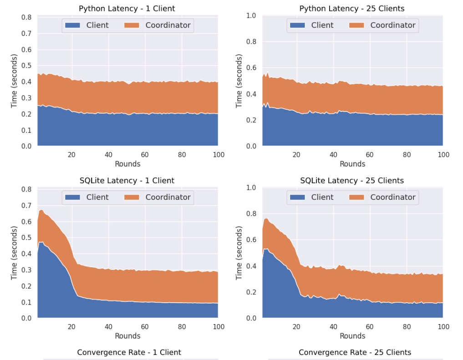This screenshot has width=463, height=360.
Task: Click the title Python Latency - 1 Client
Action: click(127, 9)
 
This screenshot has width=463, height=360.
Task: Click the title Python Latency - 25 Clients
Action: click(352, 9)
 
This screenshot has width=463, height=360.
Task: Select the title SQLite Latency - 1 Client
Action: click(127, 181)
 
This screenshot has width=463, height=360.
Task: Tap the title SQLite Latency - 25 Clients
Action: click(352, 181)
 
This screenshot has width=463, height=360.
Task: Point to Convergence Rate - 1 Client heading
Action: click(129, 352)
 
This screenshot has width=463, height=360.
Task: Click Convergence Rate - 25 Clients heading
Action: click(355, 352)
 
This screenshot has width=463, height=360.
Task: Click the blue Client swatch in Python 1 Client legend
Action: click(73, 25)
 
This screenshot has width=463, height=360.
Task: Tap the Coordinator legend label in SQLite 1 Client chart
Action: click(168, 198)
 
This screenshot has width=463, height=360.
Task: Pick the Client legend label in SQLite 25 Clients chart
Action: click(322, 198)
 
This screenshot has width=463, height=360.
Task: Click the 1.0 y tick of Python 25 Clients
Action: click(251, 15)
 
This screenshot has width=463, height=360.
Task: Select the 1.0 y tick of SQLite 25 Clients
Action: click(251, 188)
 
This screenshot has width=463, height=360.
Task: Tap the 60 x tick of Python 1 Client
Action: click(145, 155)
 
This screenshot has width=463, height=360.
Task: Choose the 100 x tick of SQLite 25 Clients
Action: click(443, 327)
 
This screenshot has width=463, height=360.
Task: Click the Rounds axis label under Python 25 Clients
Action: click(352, 164)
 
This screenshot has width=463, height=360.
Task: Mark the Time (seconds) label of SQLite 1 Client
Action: click(14, 253)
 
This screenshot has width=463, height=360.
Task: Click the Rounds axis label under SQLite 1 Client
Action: click(127, 336)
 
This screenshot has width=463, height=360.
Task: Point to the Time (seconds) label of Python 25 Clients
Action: click(239, 81)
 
